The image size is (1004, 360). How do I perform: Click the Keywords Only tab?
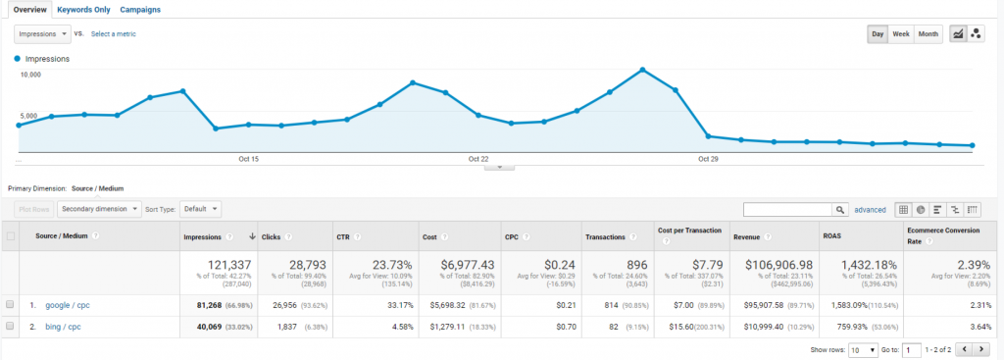(83, 9)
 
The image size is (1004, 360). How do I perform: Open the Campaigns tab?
(140, 9)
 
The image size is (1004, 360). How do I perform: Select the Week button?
(900, 34)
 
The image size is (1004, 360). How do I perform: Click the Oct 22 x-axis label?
(477, 159)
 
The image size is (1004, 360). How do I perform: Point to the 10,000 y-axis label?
(30, 75)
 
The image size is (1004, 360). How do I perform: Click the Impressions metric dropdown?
(43, 33)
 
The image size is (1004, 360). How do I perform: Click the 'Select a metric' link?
(113, 34)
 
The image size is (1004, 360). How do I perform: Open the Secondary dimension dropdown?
(99, 209)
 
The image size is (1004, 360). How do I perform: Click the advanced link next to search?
(870, 209)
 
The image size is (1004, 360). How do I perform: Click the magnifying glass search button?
(840, 209)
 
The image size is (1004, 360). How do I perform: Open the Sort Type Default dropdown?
(200, 209)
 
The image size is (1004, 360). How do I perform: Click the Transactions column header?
(605, 236)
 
